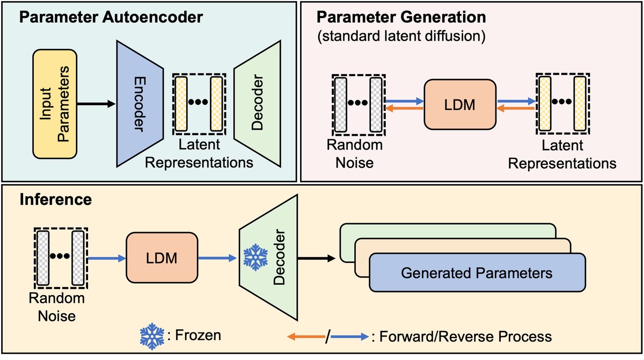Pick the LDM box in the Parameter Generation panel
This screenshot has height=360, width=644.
coord(459,104)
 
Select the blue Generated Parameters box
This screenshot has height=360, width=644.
coord(477,273)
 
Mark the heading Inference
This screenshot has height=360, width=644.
coord(49,201)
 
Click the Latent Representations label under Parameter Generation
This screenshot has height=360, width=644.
coord(562,154)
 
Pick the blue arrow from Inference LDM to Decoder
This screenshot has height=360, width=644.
coord(217,258)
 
